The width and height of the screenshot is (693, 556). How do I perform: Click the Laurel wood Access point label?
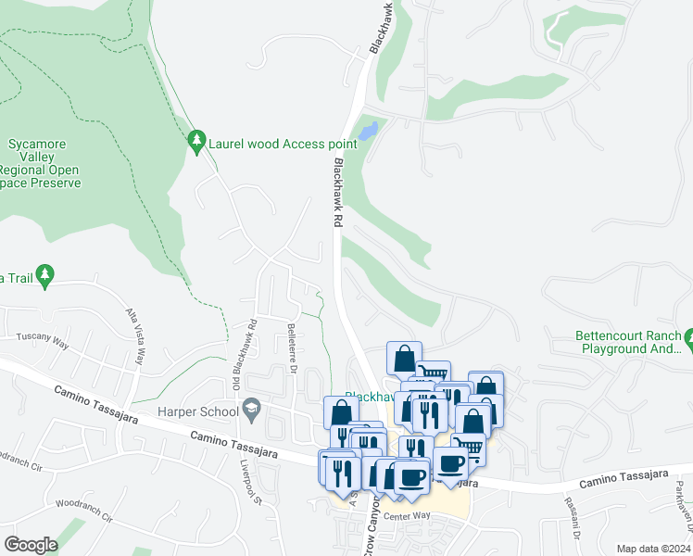point(283,144)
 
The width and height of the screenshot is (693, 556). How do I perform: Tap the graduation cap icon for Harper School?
point(251,409)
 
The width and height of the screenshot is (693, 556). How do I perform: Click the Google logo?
point(31,545)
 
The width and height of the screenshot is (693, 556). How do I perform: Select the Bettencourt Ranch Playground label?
point(628,342)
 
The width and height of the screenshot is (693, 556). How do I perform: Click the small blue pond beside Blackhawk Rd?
point(369,130)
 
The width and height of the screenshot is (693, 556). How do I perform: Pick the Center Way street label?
point(409,515)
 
